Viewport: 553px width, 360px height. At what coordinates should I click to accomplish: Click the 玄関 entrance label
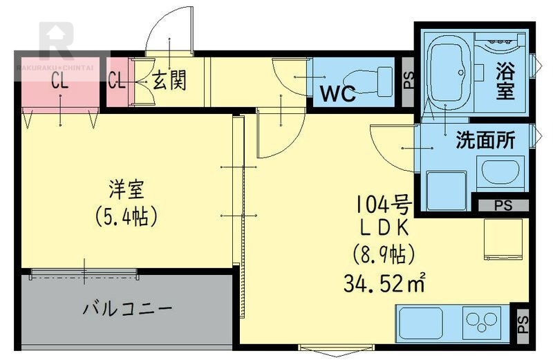coord(169,81)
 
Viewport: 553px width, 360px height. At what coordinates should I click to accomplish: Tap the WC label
coord(337,93)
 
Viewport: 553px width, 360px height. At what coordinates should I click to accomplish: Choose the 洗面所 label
coord(485,140)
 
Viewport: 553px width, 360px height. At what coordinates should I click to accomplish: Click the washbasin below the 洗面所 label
coord(500,173)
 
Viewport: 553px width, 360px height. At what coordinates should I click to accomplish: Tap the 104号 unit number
coord(384,204)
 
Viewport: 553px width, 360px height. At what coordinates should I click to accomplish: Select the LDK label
coord(384,227)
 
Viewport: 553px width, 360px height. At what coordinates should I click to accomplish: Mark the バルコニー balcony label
coord(128,308)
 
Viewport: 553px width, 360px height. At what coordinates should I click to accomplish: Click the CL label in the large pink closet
coord(60,81)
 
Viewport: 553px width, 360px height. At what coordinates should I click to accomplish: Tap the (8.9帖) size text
coord(384,254)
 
